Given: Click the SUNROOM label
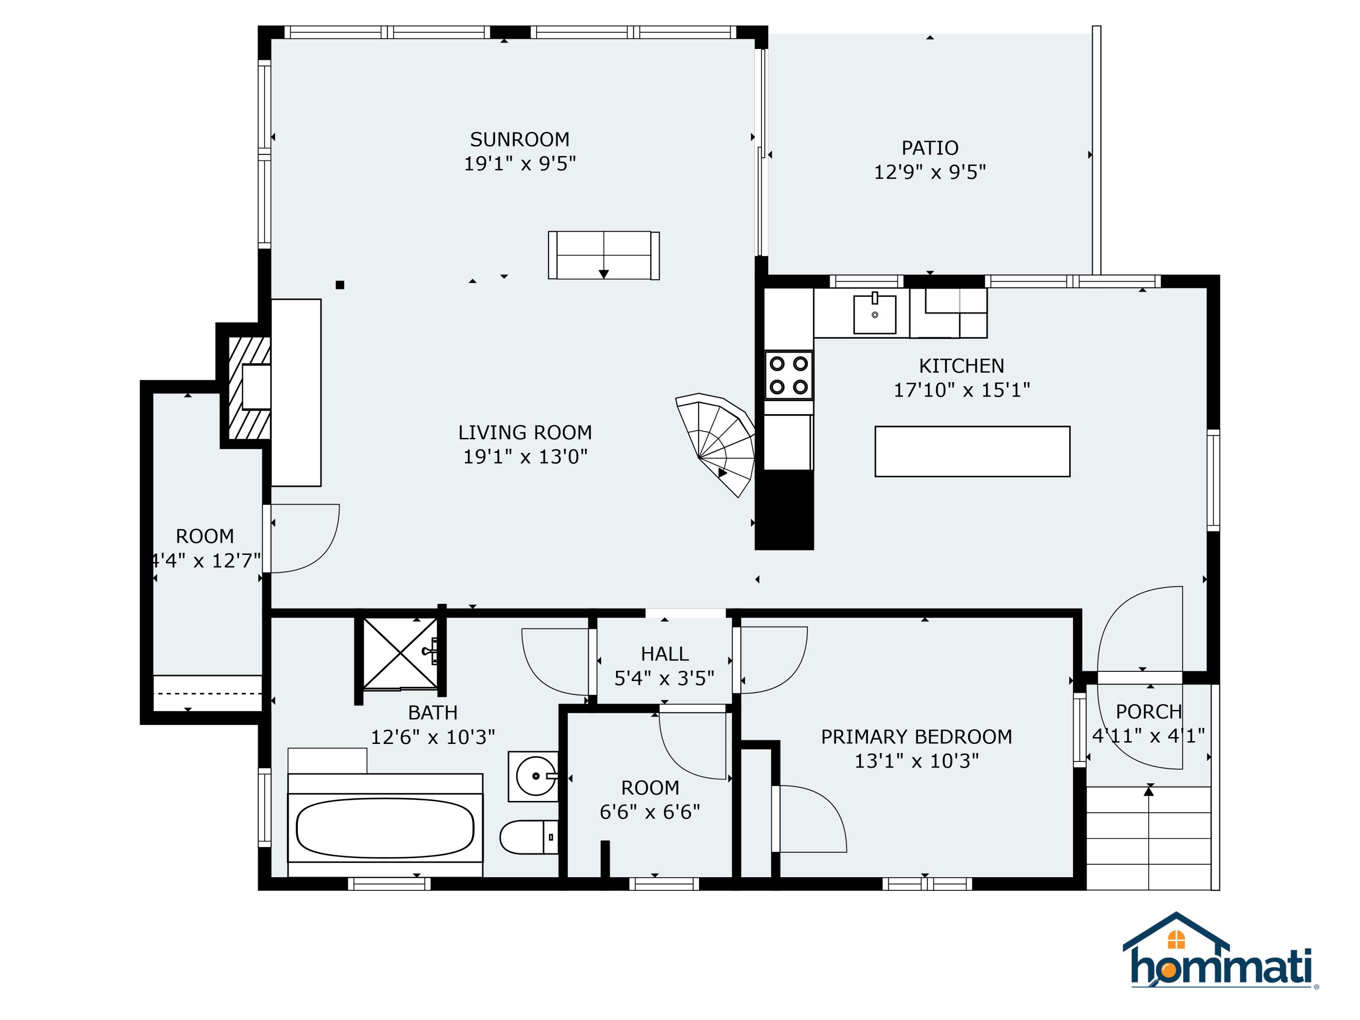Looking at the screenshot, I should (520, 140).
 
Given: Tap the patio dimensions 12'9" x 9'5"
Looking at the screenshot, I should (930, 172).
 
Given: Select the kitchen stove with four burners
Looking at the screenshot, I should (788, 375).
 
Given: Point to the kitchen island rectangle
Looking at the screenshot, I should (972, 451).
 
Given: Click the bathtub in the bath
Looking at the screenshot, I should (385, 827).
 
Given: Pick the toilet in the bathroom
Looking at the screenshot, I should (528, 837).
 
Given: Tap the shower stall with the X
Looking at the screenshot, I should (400, 653).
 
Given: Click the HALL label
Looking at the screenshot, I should (664, 654).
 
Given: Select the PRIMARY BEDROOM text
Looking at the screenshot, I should (916, 737).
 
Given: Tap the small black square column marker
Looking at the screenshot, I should (340, 285).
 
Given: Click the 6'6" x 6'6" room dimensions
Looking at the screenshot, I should (650, 812).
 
